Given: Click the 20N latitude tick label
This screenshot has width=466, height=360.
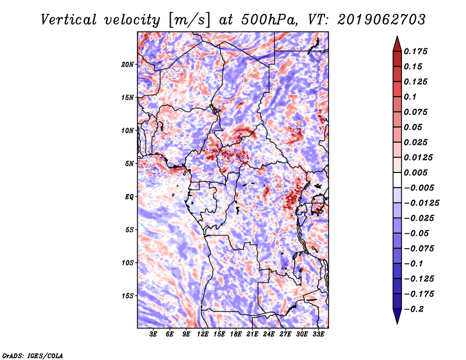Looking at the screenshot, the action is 127,65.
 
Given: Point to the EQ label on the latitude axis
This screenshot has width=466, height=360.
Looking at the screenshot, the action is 129,197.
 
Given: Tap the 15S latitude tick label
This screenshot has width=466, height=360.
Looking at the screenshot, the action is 127,296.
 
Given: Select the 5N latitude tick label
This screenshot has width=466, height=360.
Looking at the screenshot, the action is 129,164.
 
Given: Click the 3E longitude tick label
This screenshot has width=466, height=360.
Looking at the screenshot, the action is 153,334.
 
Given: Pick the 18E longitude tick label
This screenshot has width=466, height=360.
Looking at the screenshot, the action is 236,334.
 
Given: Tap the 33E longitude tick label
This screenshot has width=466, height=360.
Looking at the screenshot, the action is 318,334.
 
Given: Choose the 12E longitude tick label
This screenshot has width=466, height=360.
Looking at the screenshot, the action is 203,334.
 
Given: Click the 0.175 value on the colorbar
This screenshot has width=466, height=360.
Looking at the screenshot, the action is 415,51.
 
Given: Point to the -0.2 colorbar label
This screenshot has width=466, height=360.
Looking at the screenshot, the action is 414,309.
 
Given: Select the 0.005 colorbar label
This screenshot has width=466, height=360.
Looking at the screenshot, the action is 415,172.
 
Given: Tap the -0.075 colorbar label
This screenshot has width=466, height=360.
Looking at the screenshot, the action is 419,249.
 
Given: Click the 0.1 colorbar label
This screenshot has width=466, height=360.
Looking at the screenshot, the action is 410,97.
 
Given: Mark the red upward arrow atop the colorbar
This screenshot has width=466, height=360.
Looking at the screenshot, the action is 397,44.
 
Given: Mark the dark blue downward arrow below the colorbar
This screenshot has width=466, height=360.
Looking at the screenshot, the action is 397,316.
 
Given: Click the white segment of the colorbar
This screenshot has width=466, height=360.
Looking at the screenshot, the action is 397,180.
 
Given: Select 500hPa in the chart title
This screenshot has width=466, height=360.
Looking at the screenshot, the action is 269,20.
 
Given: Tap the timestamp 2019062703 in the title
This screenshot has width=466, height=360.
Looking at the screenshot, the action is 382,20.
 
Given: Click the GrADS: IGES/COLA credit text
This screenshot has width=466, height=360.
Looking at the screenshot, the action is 33,355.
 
